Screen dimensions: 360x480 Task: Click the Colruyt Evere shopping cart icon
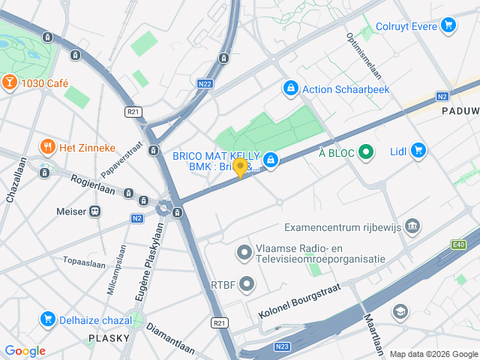click(x=448, y=26)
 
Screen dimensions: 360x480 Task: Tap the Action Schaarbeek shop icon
click(x=289, y=88)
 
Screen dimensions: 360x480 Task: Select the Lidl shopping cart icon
click(x=418, y=151)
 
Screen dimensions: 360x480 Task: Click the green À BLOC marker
click(x=366, y=152)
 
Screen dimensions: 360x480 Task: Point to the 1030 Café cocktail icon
click(x=10, y=81)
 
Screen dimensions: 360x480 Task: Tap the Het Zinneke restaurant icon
click(x=47, y=146)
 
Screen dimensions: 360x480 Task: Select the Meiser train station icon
click(x=95, y=211)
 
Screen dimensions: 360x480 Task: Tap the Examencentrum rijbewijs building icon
click(x=412, y=226)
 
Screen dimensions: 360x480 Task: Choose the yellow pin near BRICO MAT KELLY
click(x=240, y=167)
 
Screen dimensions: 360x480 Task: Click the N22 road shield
click(x=205, y=84)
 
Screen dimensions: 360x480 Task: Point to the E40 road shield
click(x=459, y=244)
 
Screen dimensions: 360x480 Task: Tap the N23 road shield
click(x=283, y=346)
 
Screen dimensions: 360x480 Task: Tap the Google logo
click(x=25, y=351)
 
